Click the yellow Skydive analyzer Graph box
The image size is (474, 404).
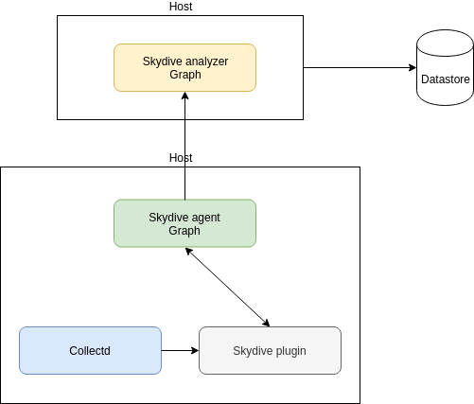tap(184, 67)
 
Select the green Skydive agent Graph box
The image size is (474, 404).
tap(184, 223)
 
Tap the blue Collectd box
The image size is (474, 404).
tap(90, 350)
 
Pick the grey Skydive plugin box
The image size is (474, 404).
tap(270, 350)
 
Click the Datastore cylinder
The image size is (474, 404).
tap(445, 67)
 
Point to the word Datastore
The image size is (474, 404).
tap(446, 79)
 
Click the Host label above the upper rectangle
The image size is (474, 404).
tap(181, 7)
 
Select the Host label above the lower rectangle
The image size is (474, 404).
tap(181, 158)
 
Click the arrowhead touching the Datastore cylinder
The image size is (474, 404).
tap(413, 67)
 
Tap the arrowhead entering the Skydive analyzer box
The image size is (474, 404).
tap(185, 96)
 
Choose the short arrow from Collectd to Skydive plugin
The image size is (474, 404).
tap(180, 350)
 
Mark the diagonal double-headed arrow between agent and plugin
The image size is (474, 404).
tap(227, 287)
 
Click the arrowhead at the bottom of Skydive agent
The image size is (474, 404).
tap(188, 251)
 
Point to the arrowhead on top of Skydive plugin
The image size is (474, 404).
tap(267, 324)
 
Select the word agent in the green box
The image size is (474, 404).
tap(205, 219)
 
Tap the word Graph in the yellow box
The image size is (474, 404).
tap(185, 75)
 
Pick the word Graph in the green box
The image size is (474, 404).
tap(184, 231)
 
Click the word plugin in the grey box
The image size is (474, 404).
tap(291, 351)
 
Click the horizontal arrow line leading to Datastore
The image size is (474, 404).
tap(360, 67)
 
